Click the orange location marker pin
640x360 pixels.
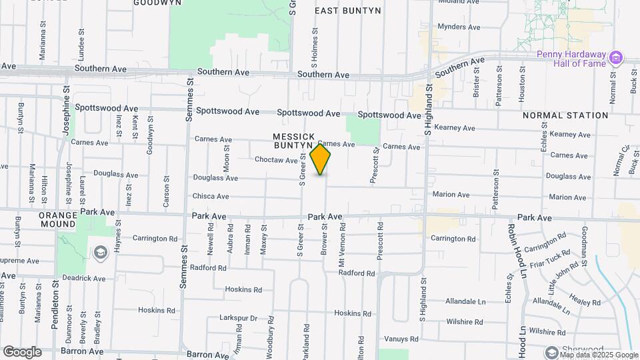(x=321, y=159)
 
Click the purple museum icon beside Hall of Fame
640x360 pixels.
(x=617, y=58)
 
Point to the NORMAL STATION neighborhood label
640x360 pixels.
(x=565, y=115)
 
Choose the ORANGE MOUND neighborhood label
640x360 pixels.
(x=58, y=220)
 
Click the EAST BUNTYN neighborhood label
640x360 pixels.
(x=347, y=11)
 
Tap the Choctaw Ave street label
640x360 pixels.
(x=276, y=160)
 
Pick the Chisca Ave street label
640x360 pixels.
(x=211, y=197)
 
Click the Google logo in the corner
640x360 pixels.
(x=22, y=351)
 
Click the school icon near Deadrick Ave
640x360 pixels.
(x=101, y=252)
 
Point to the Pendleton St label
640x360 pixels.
(x=56, y=297)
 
